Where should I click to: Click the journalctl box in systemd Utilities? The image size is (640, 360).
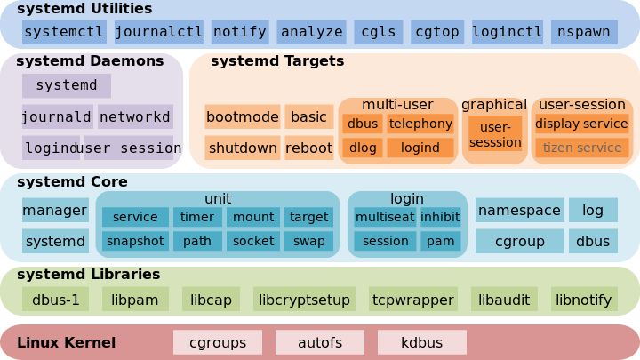pos(159,32)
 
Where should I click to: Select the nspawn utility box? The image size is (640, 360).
pos(584,32)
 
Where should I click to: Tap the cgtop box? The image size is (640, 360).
pos(436,32)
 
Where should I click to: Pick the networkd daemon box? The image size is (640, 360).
pos(135,116)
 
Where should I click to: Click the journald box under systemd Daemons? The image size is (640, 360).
pos(56,116)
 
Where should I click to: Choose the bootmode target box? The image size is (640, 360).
pos(242,116)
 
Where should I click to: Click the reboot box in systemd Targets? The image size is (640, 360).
pos(308,148)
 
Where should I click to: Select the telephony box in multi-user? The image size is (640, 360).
pos(420,124)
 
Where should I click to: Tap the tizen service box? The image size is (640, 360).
pos(582,148)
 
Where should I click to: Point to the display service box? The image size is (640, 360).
pos(582,124)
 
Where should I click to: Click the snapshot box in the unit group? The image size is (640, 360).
pos(135,241)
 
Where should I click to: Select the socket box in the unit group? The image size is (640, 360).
pos(252,241)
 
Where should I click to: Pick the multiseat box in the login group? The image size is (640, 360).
pos(385,217)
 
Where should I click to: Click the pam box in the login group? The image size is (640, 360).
pos(440,241)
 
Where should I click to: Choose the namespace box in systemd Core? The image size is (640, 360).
pos(519,211)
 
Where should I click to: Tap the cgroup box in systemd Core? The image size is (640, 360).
pos(519,241)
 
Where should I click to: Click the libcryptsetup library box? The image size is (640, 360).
pos(304,300)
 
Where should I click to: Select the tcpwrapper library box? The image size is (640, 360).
pos(412,300)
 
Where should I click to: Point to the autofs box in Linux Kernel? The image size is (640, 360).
pos(319,342)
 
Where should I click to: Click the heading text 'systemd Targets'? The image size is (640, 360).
pos(276,61)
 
